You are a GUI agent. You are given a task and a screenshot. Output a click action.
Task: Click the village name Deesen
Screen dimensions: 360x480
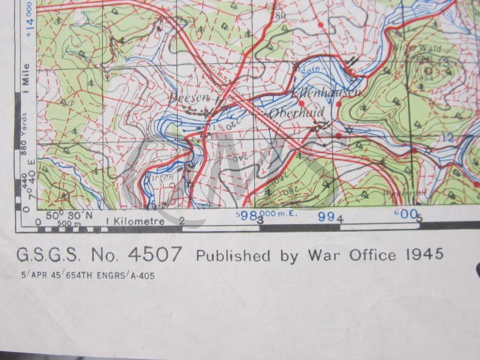pos(186,98)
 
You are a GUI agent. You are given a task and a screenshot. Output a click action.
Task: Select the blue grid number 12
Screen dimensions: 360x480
pos(448,137)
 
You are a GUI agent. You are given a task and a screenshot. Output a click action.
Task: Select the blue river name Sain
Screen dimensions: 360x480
pos(310,68)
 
